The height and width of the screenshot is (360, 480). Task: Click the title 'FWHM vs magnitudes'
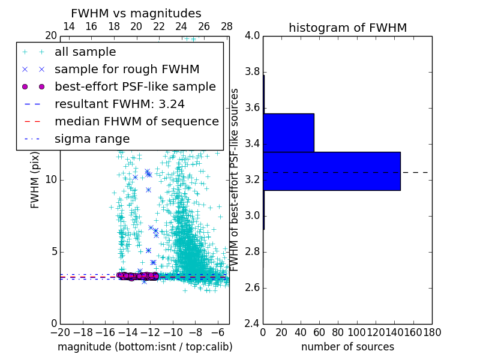click(136, 13)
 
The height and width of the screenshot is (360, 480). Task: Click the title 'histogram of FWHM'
click(347, 28)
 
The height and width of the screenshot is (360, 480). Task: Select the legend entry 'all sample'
click(85, 52)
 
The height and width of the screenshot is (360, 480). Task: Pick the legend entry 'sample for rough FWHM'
click(127, 69)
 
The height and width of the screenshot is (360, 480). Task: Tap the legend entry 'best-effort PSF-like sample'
click(135, 86)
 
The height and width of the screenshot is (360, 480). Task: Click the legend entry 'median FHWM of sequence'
click(136, 121)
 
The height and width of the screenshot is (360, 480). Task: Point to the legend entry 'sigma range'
click(92, 139)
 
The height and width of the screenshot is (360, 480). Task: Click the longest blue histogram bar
click(332, 171)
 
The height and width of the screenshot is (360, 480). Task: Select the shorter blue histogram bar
click(289, 133)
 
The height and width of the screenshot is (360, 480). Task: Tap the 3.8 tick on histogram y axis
click(253, 72)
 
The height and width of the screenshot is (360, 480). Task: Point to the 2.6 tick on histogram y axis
click(253, 287)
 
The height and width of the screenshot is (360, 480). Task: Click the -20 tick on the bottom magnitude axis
click(60, 332)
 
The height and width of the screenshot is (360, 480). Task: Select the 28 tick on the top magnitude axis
click(227, 26)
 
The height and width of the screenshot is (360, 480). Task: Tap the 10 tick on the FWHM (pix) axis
click(51, 179)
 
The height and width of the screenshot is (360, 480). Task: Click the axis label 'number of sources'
click(347, 347)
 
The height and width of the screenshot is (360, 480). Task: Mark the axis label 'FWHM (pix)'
click(35, 179)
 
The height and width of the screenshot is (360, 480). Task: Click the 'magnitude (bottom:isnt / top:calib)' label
click(145, 347)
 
